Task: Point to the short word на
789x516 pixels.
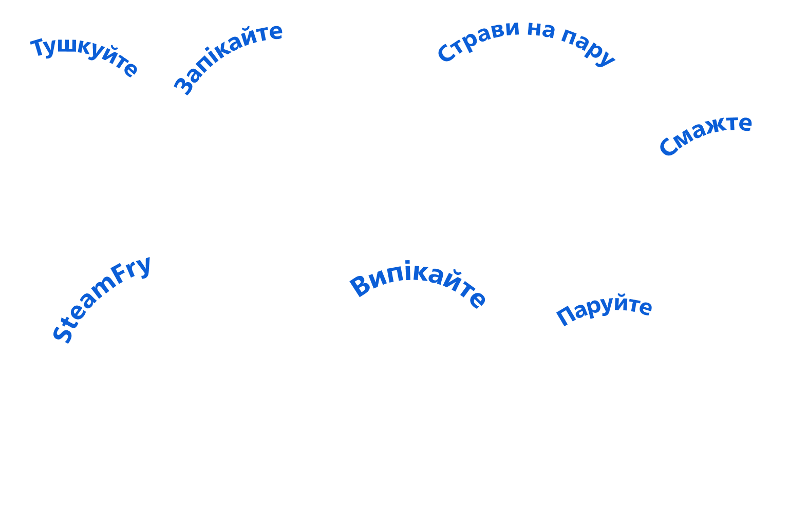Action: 541,30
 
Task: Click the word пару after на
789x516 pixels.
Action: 588,48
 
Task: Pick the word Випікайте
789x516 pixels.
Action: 418,284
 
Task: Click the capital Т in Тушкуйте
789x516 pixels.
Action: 38,47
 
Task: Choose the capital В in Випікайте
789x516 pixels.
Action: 359,285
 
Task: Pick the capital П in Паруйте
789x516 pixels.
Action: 566,315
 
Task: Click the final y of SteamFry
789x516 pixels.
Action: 143,267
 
